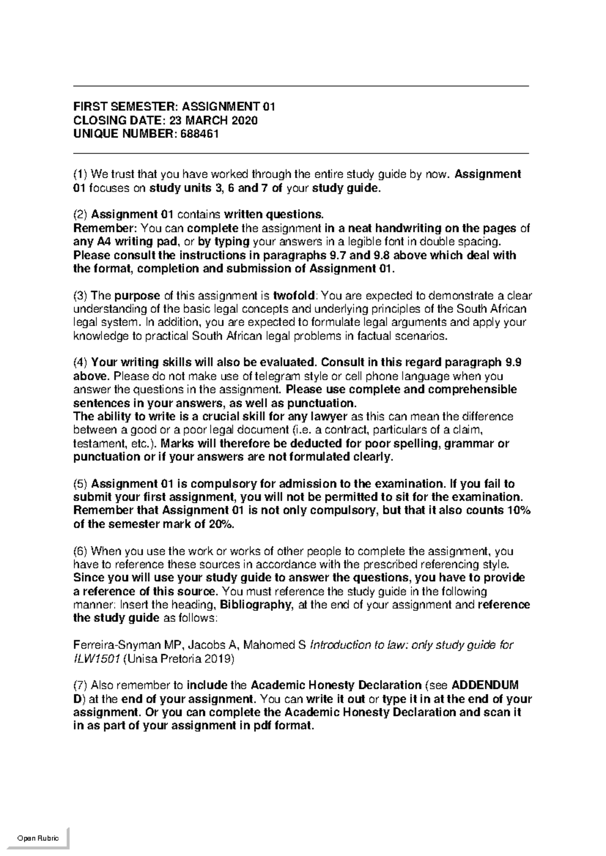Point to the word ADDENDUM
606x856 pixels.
[x=485, y=686]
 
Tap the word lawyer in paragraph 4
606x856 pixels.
[x=330, y=417]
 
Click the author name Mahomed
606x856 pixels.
[x=270, y=646]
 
